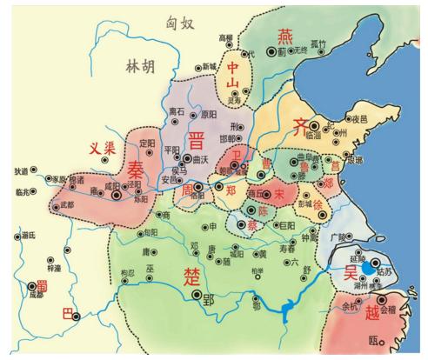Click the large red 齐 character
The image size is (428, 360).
pos(300,124)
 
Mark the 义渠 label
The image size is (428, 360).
pos(103,149)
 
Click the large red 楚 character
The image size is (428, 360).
pos(191,276)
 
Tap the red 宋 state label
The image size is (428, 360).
pos(279,192)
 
